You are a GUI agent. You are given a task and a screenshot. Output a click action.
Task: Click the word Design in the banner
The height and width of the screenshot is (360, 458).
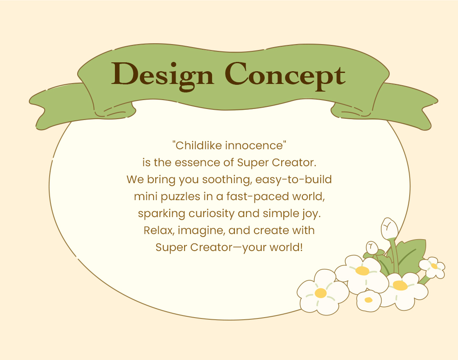(x=162, y=75)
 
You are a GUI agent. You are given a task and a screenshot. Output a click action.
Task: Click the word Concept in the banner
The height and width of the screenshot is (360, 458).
(x=285, y=75)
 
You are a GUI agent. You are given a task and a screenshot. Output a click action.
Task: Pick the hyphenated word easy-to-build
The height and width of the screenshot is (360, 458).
(x=293, y=180)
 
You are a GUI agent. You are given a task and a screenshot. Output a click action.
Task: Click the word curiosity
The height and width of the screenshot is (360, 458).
(x=212, y=214)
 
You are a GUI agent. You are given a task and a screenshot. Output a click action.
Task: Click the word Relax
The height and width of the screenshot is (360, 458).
(x=159, y=231)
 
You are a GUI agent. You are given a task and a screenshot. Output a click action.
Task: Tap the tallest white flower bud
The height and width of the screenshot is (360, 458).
(x=389, y=229)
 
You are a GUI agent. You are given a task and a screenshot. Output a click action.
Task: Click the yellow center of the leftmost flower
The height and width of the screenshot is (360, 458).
(x=321, y=293)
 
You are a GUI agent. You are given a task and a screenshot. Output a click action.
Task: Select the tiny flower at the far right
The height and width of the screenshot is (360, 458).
(x=432, y=267)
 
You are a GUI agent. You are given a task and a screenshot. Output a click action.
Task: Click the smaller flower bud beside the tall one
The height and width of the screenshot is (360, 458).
(x=372, y=248)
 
